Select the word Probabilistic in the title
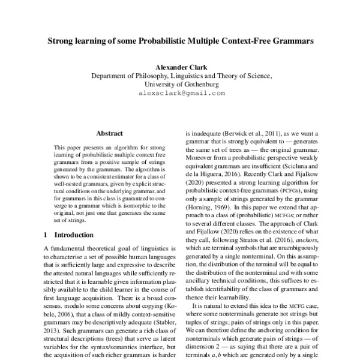click(x=184, y=43)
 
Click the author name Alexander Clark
click(x=181, y=67)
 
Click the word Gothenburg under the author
click(x=199, y=85)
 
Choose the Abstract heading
click(x=109, y=133)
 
